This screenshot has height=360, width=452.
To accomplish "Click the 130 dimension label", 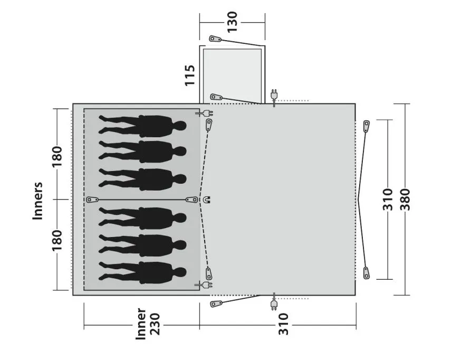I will point(233,23).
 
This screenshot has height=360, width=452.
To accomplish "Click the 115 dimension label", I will point(190,75).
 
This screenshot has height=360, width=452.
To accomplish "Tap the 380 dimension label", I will point(405,199).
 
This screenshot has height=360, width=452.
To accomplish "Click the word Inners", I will point(38,201).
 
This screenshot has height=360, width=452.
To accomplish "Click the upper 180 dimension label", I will point(57,157).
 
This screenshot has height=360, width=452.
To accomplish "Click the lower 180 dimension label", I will point(57,241).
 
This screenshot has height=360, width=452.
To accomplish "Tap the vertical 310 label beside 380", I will point(388,199).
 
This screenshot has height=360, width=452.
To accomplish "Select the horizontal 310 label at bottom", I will point(283,324).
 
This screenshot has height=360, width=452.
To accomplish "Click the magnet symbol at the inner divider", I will point(207,200).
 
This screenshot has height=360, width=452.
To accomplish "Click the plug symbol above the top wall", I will point(274,95).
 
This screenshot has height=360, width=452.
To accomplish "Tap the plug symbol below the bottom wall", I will point(274,305).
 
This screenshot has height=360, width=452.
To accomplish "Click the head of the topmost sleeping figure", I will point(180,126).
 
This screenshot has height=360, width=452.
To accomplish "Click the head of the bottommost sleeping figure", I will point(180,272).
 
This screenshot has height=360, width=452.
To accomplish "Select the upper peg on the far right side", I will point(367,126).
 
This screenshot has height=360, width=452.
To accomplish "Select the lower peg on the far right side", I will point(366,272).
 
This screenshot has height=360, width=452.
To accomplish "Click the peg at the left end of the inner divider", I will point(93,200).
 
